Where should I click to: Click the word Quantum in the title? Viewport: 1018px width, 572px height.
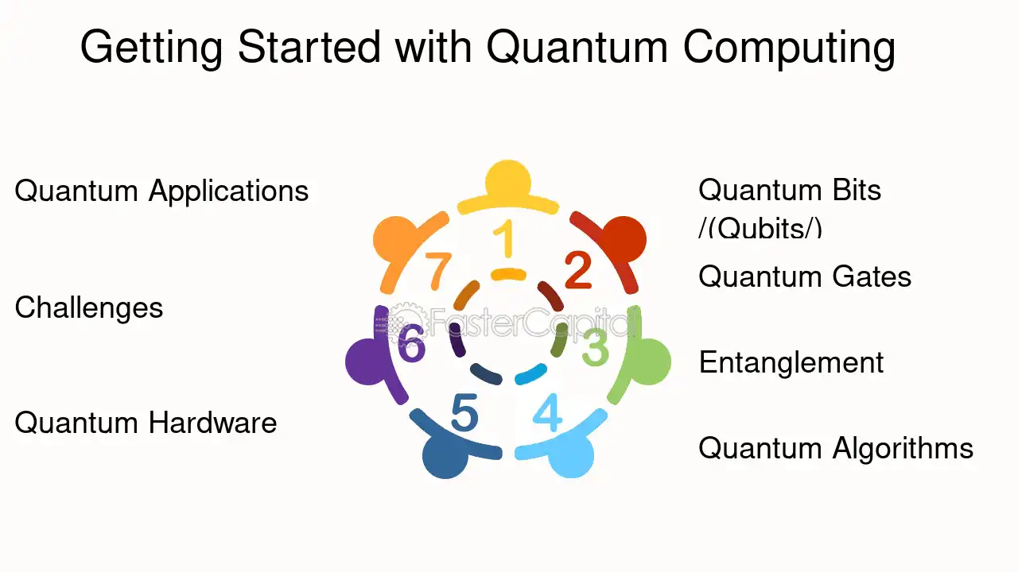pos(577,47)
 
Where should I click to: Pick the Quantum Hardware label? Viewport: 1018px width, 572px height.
pos(146,423)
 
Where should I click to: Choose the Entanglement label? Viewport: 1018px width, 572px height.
pos(791,363)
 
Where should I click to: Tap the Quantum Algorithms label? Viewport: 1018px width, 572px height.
pos(836,450)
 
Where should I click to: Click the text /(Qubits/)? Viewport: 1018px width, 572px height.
pos(760,228)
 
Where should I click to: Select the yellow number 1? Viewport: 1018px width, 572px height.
pos(505,238)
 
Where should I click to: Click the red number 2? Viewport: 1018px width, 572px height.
pos(578,271)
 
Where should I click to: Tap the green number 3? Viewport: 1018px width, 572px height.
pos(596,347)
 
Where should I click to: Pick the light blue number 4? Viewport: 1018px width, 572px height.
pos(547,412)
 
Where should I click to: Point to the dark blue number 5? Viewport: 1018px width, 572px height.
pos(464,412)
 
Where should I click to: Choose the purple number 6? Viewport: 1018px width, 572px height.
pos(411,343)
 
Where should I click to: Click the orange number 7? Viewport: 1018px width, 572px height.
pos(438,271)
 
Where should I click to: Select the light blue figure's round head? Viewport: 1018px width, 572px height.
pos(571,455)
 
